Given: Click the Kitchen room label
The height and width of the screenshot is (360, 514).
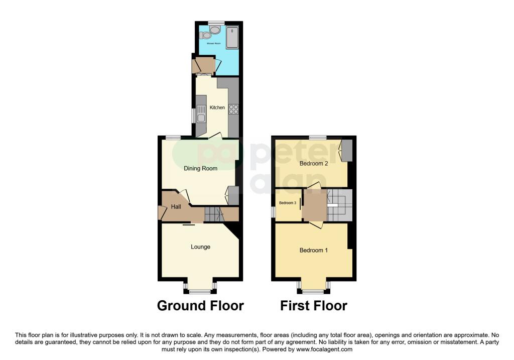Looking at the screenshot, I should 217,107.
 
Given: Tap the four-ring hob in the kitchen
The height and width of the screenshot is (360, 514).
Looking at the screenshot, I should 233,109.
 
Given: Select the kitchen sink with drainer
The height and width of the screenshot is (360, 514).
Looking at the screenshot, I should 201,114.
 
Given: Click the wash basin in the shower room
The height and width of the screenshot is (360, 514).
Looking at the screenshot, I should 215,30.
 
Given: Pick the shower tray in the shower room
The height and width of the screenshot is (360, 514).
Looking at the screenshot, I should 232,38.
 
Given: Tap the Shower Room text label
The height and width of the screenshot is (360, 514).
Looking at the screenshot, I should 214,44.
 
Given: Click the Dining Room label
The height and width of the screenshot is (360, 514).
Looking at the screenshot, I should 200,168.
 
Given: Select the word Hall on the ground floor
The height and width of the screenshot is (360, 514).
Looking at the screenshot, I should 176,207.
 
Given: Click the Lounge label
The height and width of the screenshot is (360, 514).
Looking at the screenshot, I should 200,247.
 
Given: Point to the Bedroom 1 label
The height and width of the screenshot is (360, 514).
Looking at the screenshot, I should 313,250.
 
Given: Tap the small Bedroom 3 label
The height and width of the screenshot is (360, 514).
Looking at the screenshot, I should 287,203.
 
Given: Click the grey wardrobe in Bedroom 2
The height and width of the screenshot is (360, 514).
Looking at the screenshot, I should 347,151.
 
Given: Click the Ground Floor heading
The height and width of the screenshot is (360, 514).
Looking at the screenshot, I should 200,305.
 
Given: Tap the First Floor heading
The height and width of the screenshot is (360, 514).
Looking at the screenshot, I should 313,305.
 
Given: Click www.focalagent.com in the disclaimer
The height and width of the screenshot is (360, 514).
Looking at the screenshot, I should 323,349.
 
